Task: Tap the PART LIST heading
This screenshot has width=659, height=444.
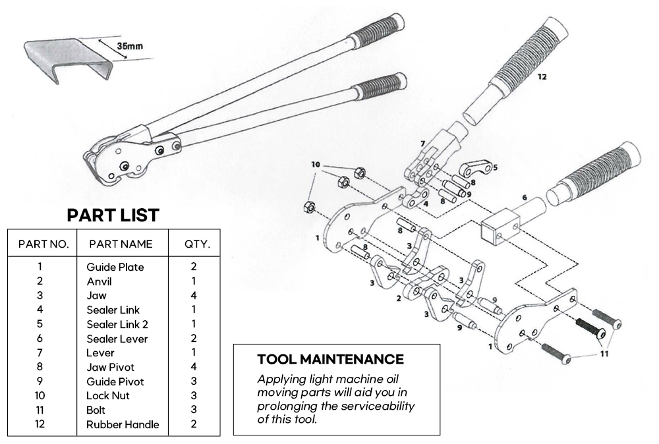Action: (113, 215)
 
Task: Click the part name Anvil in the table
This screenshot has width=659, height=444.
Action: (100, 281)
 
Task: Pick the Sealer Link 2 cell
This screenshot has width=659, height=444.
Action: (117, 324)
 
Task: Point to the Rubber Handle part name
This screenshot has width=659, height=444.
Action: (123, 424)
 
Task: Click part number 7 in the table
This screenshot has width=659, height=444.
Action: (40, 353)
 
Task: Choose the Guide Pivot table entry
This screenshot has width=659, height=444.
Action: (115, 381)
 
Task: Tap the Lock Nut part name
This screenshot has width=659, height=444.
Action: (108, 396)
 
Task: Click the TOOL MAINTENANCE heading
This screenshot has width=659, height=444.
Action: (330, 360)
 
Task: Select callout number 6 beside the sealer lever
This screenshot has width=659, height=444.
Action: (525, 197)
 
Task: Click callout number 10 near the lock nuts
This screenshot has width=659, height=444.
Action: (316, 164)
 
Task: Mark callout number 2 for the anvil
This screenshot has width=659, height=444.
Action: (399, 298)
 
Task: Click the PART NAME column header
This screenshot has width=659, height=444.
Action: (121, 244)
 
